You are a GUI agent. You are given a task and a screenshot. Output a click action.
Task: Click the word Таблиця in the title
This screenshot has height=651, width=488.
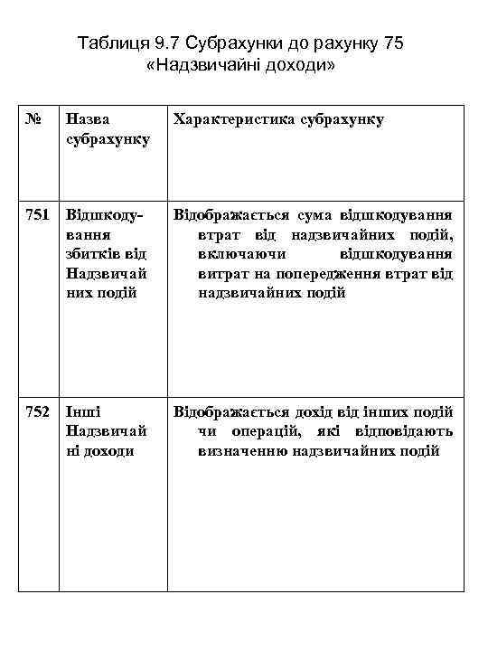107,43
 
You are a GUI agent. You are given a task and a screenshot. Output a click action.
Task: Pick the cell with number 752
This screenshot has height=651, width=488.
37,411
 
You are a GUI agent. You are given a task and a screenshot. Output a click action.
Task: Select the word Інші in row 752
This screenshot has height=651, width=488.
83,411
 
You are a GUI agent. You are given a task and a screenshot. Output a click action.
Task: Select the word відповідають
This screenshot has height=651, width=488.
402,431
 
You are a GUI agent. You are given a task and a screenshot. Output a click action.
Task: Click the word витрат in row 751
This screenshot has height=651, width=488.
221,274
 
